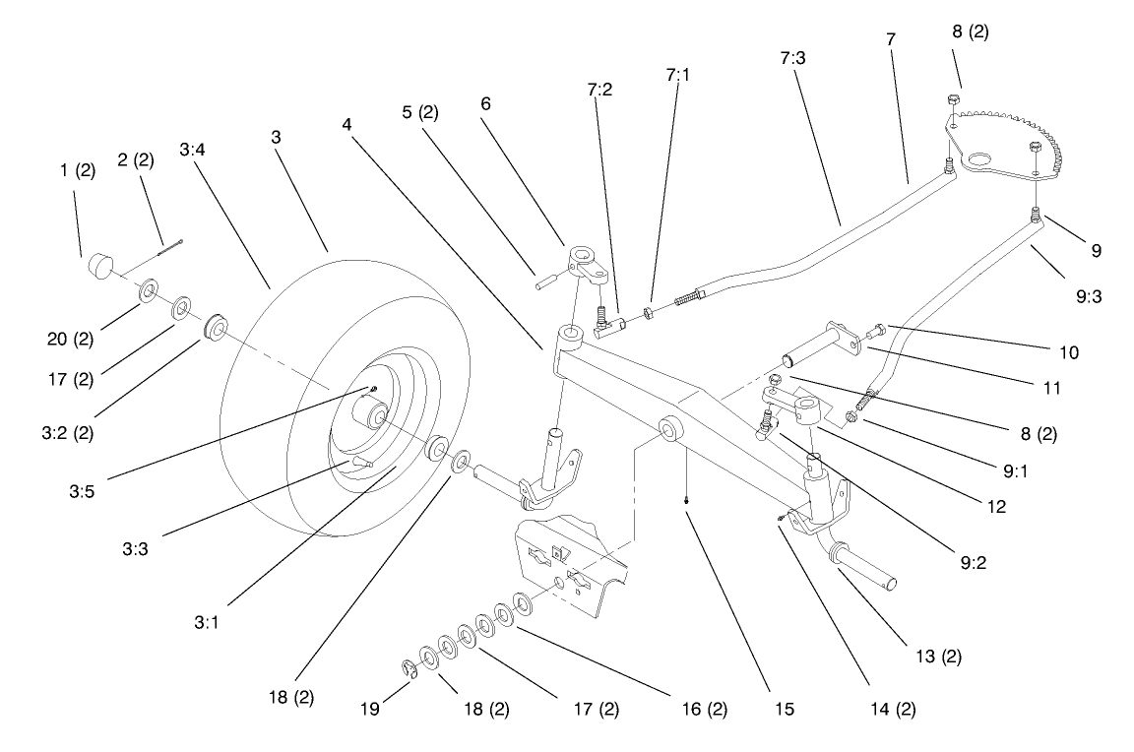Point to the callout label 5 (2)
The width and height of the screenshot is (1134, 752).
(x=420, y=111)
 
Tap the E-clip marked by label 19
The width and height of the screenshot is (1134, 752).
(x=410, y=670)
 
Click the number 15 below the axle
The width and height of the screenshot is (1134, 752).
(x=784, y=709)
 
